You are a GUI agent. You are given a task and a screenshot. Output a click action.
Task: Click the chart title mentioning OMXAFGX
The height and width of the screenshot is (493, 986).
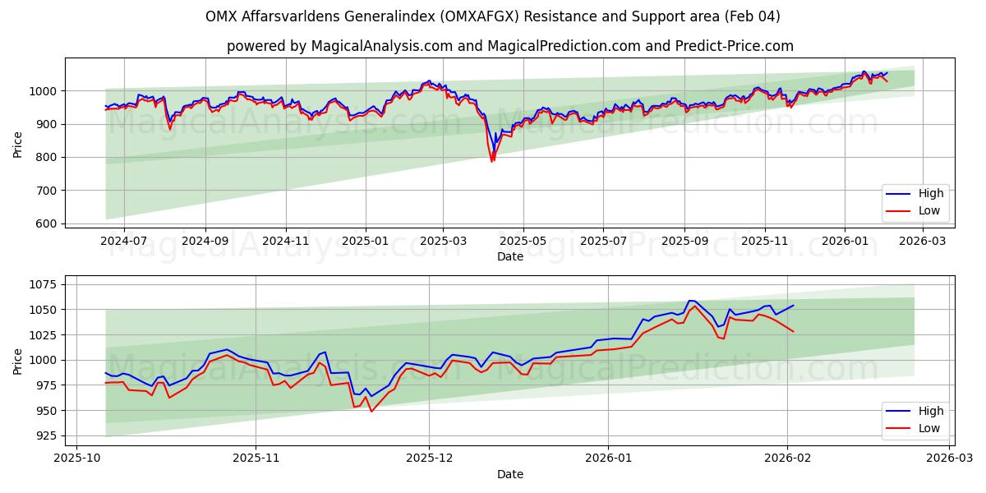(x=493, y=16)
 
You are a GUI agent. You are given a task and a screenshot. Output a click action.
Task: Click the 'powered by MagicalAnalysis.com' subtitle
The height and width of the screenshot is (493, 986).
(x=509, y=46)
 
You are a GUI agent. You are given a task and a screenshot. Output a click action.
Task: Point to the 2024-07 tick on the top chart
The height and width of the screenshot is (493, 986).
(x=124, y=241)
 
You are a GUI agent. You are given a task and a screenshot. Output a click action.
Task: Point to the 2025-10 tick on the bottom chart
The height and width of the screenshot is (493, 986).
(x=78, y=458)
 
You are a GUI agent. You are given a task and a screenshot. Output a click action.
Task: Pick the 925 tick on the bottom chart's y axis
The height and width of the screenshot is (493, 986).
(x=44, y=435)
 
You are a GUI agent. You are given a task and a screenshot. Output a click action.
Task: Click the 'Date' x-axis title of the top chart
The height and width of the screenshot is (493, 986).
(x=509, y=256)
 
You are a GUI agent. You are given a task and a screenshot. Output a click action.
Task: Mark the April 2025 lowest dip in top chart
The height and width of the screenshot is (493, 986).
(x=492, y=160)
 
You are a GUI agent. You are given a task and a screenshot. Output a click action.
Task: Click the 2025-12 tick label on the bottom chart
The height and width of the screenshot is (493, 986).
(x=431, y=458)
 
